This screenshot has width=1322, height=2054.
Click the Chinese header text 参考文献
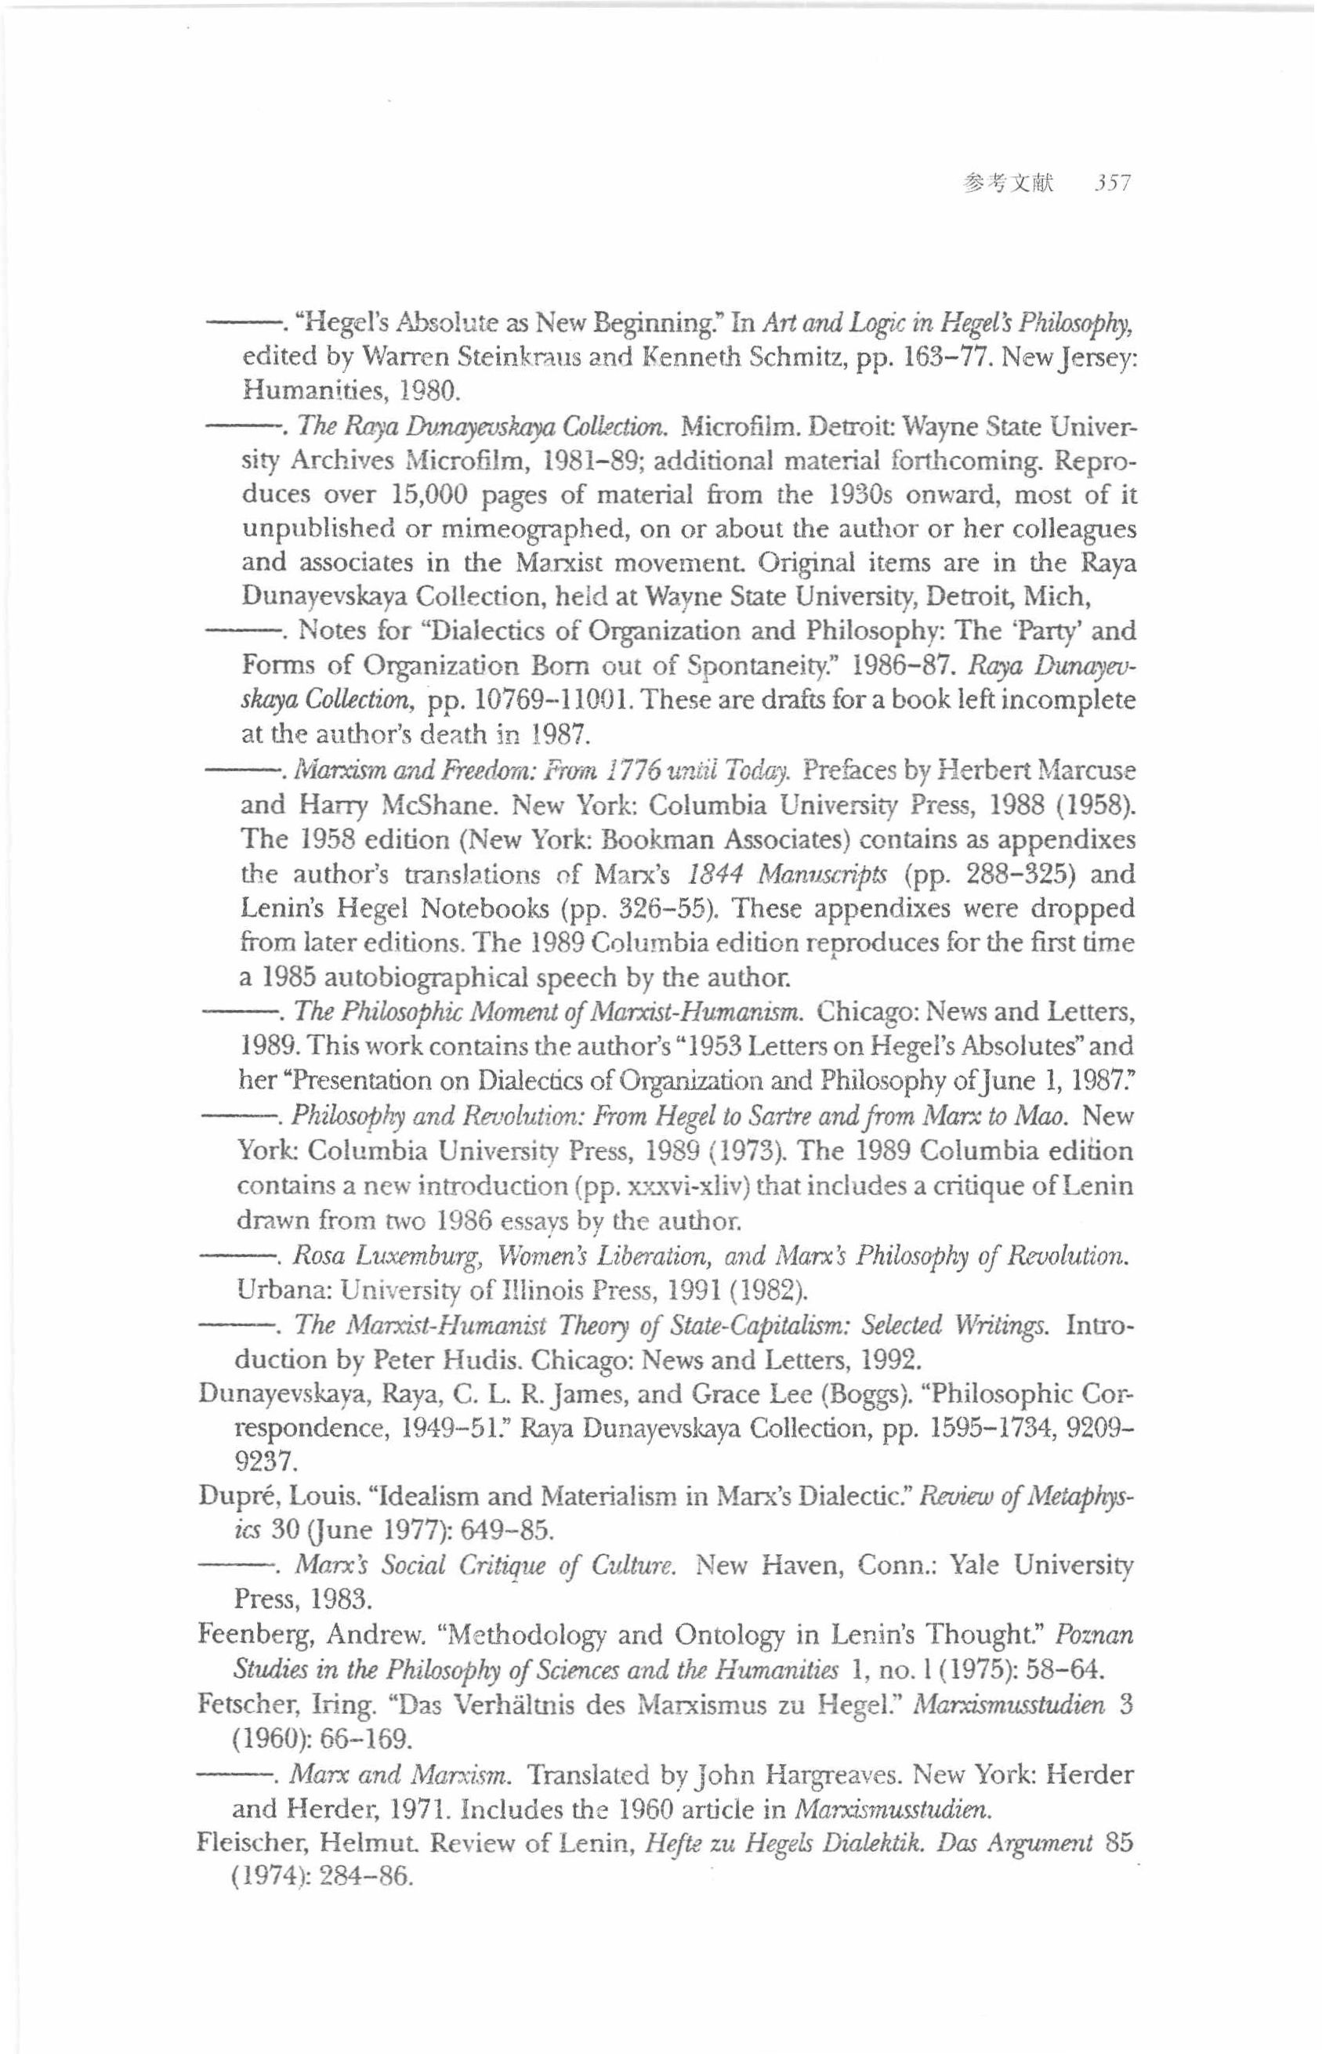click(x=1008, y=183)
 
